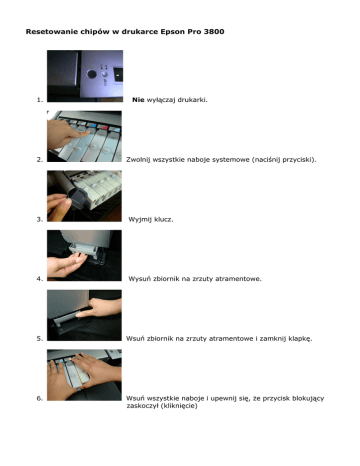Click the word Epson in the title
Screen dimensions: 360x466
click(172, 32)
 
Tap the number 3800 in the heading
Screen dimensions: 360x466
click(214, 32)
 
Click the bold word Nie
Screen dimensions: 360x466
click(138, 100)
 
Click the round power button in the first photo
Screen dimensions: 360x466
click(92, 74)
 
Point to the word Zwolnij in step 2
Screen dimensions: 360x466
click(138, 160)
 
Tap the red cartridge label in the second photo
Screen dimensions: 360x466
click(104, 127)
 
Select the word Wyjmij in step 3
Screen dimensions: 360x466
click(140, 219)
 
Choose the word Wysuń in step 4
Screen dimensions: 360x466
click(140, 279)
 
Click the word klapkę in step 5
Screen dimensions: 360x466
click(300, 339)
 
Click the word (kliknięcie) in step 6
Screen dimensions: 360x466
click(179, 406)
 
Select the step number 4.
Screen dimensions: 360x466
click(40, 279)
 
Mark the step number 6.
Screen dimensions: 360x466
click(40, 398)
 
